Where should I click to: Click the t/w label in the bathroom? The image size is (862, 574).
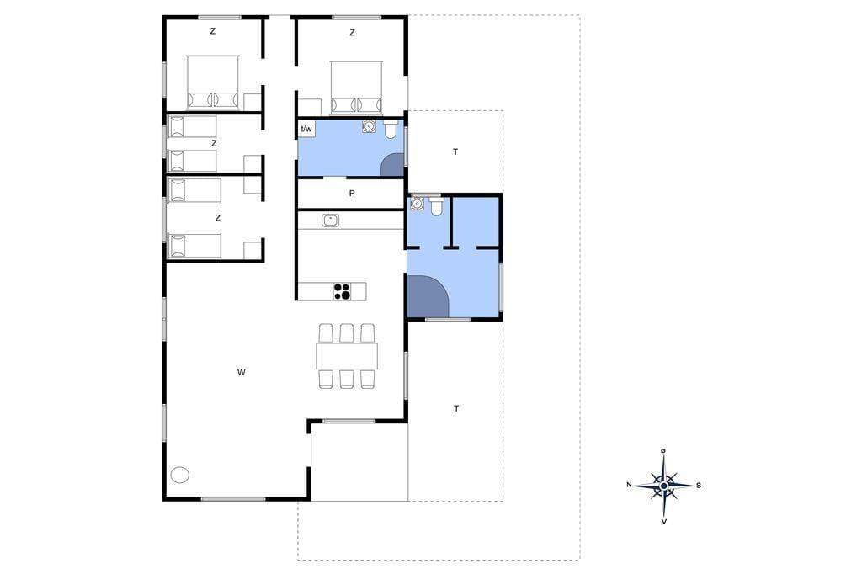click(306, 130)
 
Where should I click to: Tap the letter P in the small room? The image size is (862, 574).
click(352, 194)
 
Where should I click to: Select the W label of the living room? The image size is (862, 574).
click(242, 372)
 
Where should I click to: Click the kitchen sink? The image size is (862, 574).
click(330, 221)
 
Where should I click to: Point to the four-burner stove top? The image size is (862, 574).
click(342, 291)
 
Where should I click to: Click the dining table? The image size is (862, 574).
click(347, 356)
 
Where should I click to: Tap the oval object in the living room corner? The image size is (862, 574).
click(180, 475)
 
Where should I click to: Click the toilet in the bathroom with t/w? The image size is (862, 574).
click(391, 130)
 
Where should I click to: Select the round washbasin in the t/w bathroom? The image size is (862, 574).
click(369, 127)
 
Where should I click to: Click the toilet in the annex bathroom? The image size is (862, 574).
click(437, 206)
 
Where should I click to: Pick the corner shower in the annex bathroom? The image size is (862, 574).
click(428, 295)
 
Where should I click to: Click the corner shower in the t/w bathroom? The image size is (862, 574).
click(392, 165)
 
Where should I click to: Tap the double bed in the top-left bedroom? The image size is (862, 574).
click(213, 82)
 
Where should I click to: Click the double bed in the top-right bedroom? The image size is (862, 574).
click(356, 87)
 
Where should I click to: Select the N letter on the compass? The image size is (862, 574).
click(630, 485)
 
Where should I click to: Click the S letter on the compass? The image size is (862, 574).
click(699, 486)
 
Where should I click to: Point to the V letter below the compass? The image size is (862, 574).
click(664, 521)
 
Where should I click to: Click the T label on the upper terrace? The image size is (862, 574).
click(455, 151)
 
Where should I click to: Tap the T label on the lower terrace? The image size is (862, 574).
click(456, 408)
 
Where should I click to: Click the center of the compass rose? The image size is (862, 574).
click(664, 486)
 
